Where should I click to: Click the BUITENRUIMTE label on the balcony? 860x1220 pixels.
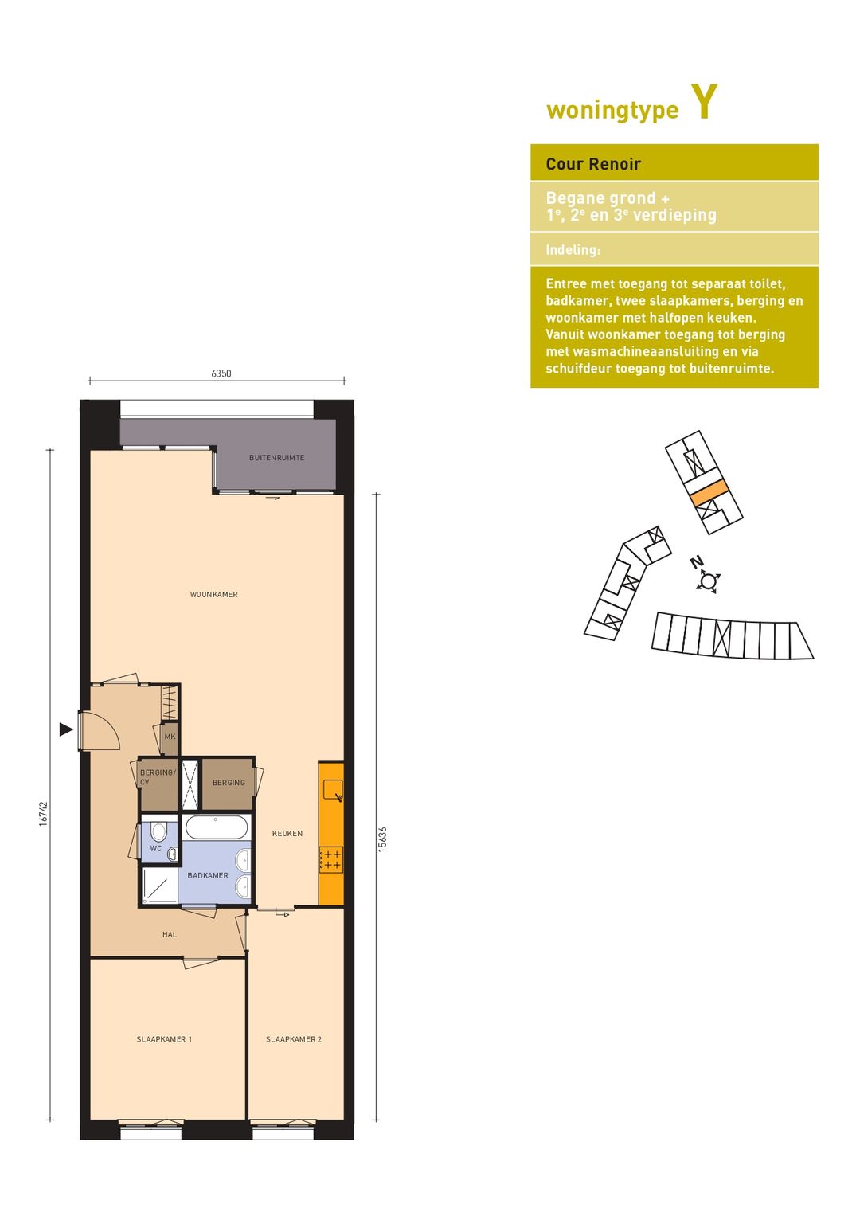[x=276, y=457]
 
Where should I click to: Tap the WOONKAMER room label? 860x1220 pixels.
[x=213, y=594]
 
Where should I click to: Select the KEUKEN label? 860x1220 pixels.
[x=287, y=833]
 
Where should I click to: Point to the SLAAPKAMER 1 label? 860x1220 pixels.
[x=164, y=1039]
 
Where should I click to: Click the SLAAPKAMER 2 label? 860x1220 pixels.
[x=294, y=1039]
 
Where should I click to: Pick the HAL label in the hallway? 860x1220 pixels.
[x=170, y=934]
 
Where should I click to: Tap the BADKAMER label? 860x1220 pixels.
[x=208, y=875]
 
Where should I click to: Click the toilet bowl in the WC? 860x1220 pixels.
[x=158, y=831]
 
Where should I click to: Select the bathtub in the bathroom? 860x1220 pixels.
[x=217, y=827]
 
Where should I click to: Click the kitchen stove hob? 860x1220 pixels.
[x=331, y=860]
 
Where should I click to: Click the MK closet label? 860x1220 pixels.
[x=170, y=737]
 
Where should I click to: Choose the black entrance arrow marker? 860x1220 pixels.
[x=66, y=729]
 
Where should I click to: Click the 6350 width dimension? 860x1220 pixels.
[x=221, y=373]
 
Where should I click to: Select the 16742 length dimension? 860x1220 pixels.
[x=44, y=814]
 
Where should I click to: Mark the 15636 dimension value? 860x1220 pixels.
[x=382, y=839]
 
